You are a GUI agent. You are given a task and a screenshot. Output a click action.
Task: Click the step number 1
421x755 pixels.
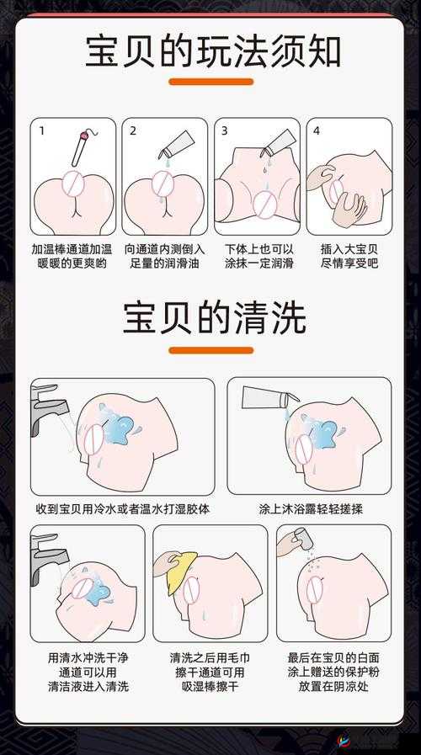point(41,130)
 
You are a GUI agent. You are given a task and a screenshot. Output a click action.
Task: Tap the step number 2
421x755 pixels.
point(133,130)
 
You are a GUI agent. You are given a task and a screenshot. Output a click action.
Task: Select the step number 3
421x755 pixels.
point(225,130)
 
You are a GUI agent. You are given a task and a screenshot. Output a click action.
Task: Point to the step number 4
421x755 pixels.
point(317,130)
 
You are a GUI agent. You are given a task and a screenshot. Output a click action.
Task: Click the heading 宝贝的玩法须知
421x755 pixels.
point(211,51)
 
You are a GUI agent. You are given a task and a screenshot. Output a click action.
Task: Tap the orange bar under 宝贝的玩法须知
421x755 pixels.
point(211,82)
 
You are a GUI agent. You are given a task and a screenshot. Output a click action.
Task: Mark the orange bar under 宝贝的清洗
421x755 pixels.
point(211,350)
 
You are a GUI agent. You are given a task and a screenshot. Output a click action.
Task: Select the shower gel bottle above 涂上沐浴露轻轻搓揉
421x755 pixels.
point(268,396)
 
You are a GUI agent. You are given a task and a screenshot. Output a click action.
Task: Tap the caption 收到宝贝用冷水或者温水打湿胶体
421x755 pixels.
point(122,509)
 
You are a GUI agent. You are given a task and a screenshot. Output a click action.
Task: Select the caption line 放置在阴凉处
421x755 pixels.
point(333,686)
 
